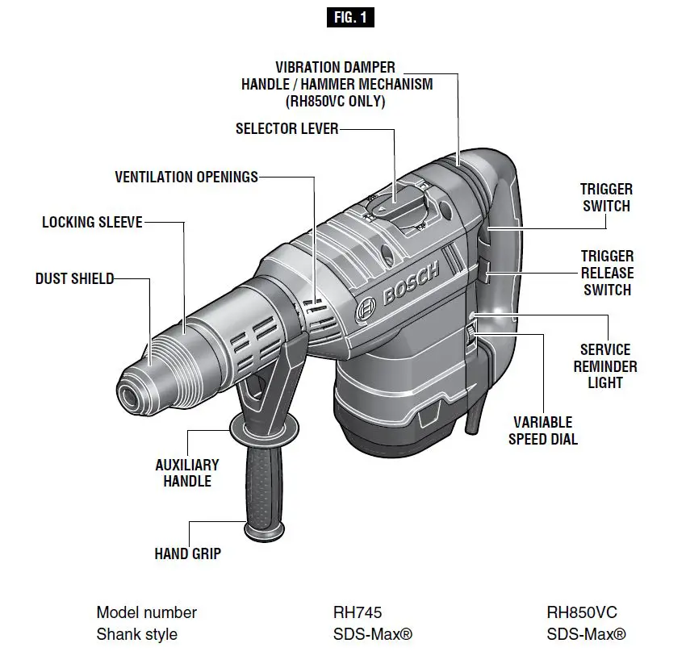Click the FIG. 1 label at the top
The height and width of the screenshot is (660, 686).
[350, 17]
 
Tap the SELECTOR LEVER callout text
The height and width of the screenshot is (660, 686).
[287, 129]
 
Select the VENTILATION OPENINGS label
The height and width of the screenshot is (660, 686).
[186, 177]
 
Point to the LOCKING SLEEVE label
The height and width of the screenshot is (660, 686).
[92, 222]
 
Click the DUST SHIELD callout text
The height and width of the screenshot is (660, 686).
[74, 279]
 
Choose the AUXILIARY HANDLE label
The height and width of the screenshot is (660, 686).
[187, 474]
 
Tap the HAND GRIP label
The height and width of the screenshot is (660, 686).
[188, 554]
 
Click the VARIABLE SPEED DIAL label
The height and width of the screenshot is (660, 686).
[543, 431]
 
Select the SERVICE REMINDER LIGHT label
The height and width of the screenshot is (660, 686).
[605, 366]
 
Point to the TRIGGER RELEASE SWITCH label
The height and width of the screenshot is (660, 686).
[607, 273]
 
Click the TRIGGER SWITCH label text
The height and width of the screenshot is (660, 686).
[606, 198]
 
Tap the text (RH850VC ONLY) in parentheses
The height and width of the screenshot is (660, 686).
[337, 102]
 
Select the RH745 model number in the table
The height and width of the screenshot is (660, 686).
[352, 612]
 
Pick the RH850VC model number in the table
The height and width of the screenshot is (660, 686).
[582, 612]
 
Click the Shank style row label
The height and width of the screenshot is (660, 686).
[136, 634]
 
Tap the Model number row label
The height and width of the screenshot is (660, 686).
[146, 612]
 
